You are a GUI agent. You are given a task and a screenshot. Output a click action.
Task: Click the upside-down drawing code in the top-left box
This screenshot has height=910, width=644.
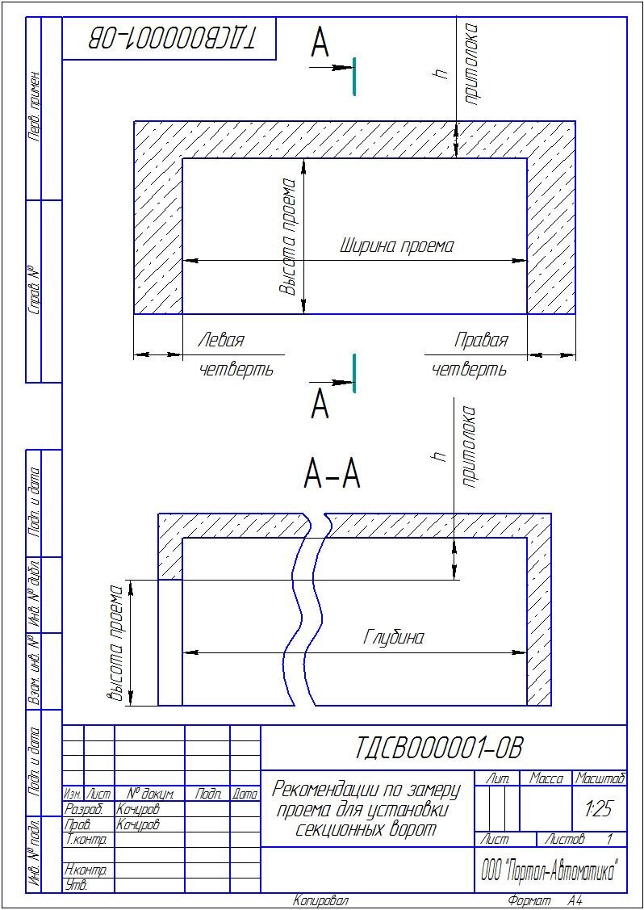pos(170,37)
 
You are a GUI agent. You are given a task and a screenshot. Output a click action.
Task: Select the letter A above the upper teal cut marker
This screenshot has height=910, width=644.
pos(320,45)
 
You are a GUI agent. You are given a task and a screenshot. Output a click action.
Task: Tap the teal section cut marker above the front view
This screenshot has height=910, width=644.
pos(353,76)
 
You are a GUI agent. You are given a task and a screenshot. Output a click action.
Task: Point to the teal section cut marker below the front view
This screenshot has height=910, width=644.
pos(353,373)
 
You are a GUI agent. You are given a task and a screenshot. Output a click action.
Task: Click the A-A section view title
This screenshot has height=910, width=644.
pos(332,475)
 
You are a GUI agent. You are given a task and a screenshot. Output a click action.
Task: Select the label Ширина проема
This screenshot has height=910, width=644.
pos(397,245)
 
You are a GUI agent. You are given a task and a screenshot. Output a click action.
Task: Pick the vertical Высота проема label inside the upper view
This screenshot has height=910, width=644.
pos(288,237)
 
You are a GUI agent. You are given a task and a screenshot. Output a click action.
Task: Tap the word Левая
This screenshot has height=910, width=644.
pos(220,340)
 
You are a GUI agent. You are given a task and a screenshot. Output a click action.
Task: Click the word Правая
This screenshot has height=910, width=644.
pos(481,340)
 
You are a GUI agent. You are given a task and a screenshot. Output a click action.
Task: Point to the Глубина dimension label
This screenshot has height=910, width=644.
pos(393,637)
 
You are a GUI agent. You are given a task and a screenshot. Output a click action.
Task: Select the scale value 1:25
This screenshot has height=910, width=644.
pos(599,807)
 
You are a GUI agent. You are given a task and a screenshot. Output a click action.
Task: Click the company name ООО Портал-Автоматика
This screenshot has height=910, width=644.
pos(549,872)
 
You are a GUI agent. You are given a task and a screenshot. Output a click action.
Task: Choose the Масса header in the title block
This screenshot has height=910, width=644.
pos(546,779)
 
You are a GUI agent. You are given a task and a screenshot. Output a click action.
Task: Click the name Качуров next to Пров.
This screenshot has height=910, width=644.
pos(138,824)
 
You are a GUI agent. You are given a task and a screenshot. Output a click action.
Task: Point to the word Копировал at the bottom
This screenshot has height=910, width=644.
pos(320,901)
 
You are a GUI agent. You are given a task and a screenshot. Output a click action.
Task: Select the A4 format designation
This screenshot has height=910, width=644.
pos(574,901)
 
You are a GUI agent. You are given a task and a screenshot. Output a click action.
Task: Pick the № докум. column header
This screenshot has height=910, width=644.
pos(150,795)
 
